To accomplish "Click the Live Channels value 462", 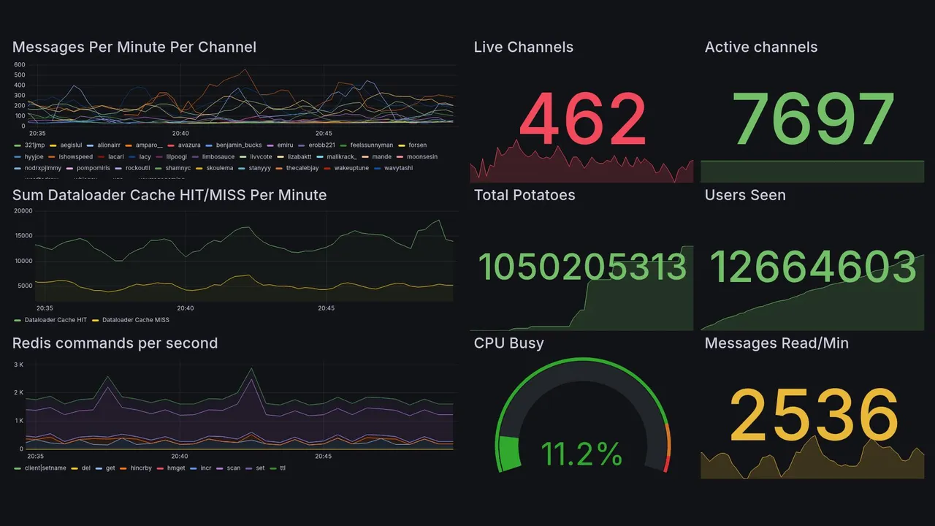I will tap(582, 119).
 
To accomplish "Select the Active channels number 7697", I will tap(814, 119).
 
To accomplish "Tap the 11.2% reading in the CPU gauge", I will tap(581, 454).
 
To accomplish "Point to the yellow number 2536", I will tap(814, 415).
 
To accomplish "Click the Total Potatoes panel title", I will tap(524, 195).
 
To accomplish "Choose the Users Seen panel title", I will tap(745, 195).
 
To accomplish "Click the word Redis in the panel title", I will tap(31, 343).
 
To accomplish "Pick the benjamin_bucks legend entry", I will tap(238, 145).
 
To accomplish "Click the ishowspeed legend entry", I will tap(75, 157).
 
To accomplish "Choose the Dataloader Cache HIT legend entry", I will tap(56, 320).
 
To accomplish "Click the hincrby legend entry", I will tap(138, 468).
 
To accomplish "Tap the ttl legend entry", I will tap(283, 468).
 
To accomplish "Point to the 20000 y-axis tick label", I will tap(23, 211).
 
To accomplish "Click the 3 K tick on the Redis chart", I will tap(19, 365).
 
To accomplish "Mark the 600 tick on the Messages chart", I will tap(20, 65).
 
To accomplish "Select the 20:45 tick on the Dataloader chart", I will tap(326, 308).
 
